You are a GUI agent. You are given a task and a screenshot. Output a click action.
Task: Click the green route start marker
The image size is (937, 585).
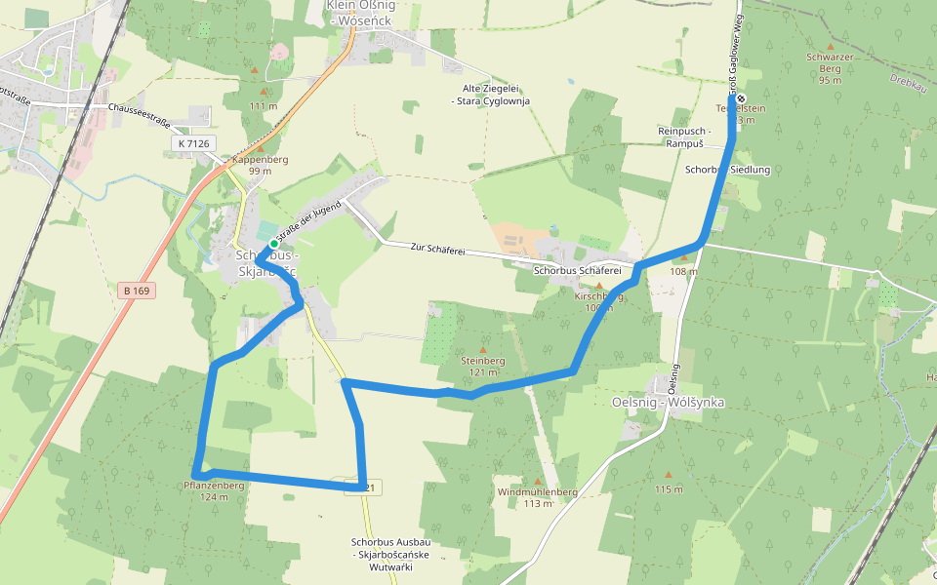tap(274, 244)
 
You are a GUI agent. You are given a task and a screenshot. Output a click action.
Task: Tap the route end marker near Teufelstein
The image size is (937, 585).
tap(740, 98)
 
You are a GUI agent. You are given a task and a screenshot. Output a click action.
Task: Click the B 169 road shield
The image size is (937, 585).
tap(136, 290)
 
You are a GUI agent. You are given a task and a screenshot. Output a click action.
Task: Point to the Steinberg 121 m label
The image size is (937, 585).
tap(482, 366)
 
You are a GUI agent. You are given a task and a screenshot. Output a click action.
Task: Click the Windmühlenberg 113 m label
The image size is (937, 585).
tap(537, 497)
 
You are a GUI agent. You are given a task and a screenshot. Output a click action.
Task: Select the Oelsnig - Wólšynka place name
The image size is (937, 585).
tap(668, 401)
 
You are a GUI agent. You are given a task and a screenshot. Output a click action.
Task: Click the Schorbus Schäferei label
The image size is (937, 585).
tap(578, 270)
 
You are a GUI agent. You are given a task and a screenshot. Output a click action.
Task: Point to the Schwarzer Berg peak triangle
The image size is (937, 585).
tap(831, 46)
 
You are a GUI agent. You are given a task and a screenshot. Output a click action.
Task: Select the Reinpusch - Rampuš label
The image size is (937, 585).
tap(684, 136)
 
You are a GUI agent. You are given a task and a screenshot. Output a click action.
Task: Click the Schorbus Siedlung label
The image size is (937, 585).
tap(727, 170)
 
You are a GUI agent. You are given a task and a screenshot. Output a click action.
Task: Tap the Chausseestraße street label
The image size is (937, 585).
tap(141, 109)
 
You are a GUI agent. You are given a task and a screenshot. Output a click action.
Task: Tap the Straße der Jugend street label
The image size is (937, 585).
tap(307, 220)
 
